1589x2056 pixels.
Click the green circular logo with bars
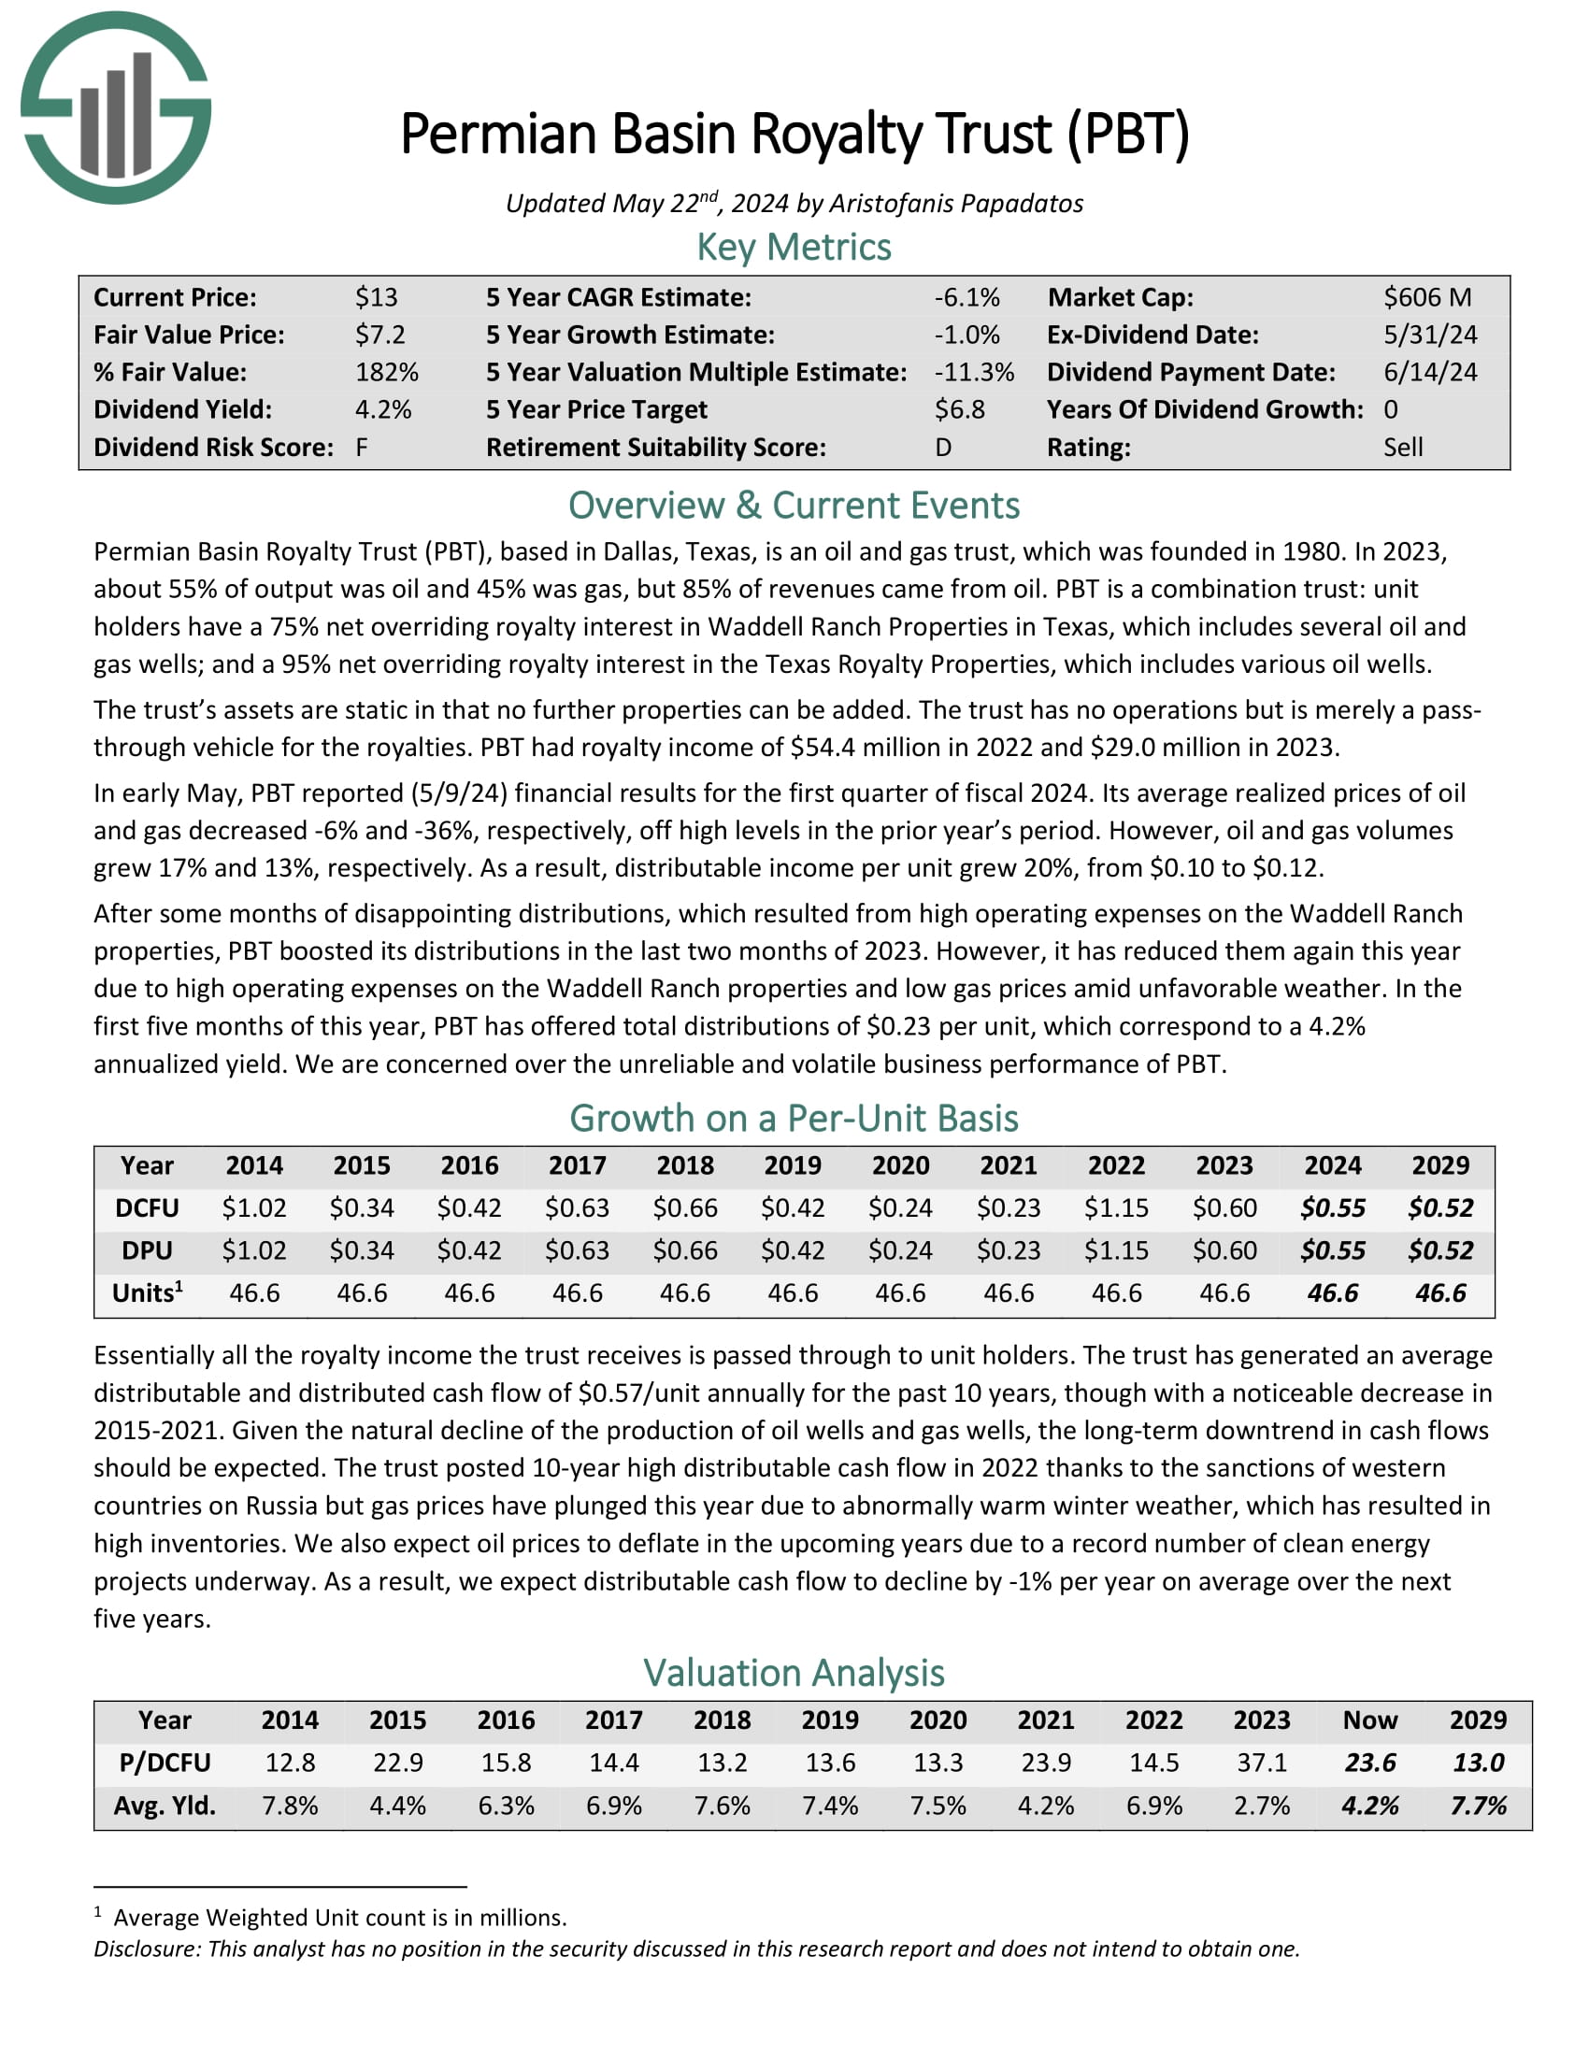(x=116, y=108)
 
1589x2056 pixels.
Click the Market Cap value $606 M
(x=1426, y=297)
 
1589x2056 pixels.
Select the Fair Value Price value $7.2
(x=379, y=336)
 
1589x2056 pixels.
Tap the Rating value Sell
(x=1403, y=447)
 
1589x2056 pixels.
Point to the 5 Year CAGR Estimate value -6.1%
(x=966, y=297)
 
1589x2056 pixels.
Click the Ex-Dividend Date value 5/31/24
(x=1429, y=336)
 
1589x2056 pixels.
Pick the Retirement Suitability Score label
(x=655, y=447)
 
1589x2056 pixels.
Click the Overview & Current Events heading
(x=794, y=506)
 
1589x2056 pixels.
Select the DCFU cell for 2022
(x=1115, y=1207)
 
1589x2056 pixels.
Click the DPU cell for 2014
(x=253, y=1250)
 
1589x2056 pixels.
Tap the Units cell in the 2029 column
(x=1439, y=1292)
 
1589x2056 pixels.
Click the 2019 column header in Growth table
(x=793, y=1165)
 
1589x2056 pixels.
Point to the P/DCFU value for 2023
(x=1262, y=1763)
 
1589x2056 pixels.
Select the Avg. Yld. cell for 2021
(x=1045, y=1806)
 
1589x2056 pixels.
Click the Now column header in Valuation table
(x=1368, y=1720)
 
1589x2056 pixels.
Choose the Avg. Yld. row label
(x=165, y=1806)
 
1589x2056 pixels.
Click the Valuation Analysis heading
(x=794, y=1673)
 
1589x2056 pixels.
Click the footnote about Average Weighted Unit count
(x=339, y=1918)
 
